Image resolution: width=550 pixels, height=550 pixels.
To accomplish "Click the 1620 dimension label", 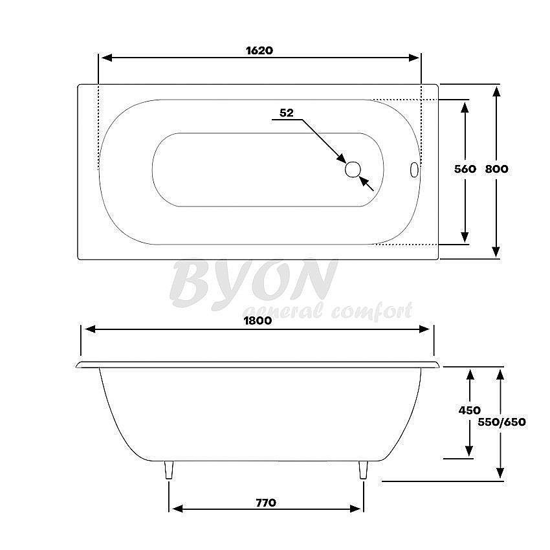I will (259, 50).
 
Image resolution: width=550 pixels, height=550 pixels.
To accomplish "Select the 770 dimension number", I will (265, 502).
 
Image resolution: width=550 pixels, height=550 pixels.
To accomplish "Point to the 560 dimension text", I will (465, 169).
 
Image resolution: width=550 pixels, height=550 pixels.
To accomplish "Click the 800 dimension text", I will (497, 169).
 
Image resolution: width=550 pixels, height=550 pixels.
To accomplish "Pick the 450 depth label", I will (469, 410).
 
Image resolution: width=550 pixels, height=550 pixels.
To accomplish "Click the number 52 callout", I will (286, 113).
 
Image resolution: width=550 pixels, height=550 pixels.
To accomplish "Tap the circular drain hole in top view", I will (353, 170).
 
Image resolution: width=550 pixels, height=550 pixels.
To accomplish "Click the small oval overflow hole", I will (414, 170).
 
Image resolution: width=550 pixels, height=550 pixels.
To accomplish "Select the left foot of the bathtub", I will (169, 470).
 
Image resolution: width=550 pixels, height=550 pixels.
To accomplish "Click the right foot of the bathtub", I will (363, 470).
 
